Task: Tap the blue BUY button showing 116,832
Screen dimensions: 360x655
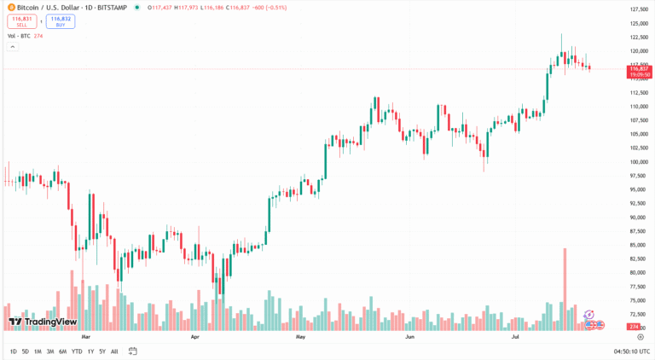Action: [60, 21]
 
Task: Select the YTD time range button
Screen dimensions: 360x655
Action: [77, 351]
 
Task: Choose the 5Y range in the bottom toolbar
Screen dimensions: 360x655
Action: [102, 351]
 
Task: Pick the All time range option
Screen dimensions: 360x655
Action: [114, 351]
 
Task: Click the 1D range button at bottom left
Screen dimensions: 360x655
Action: [13, 351]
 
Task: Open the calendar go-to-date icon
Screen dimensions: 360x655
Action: [133, 351]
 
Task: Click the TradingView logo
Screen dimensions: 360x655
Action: [43, 322]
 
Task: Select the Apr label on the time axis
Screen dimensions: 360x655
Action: [195, 337]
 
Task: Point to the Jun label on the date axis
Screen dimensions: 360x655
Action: [409, 337]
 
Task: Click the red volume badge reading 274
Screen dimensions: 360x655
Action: [634, 327]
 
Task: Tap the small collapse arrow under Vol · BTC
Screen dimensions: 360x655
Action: [12, 46]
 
